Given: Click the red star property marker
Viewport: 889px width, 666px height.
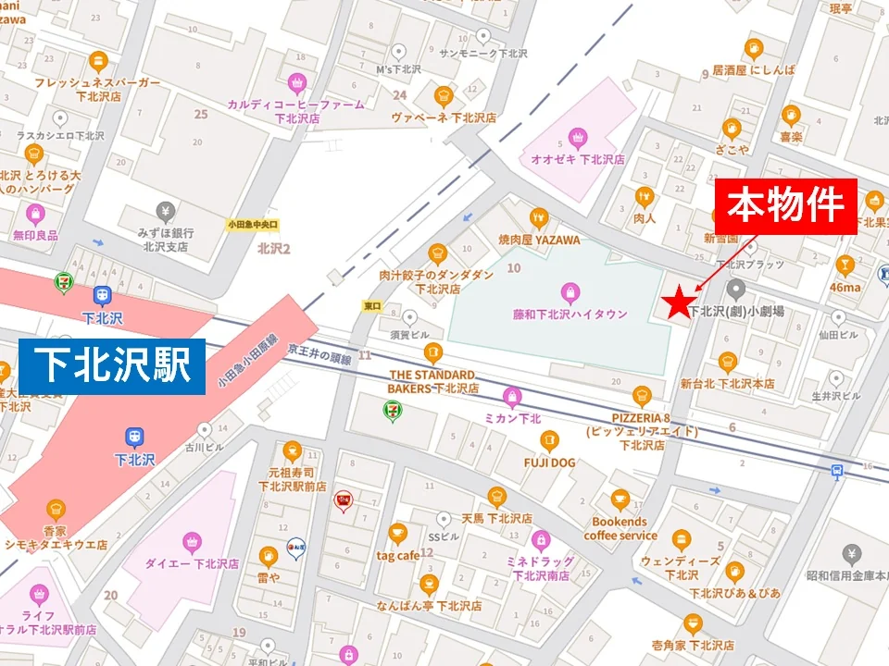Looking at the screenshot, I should tap(680, 302).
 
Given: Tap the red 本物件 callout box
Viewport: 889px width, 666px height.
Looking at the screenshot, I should tap(785, 206).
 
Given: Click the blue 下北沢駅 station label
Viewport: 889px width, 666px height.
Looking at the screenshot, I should tap(110, 365).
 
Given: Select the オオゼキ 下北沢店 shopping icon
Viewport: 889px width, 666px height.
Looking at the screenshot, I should tap(578, 139).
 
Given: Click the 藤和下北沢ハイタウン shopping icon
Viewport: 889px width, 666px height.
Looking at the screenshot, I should tap(570, 293).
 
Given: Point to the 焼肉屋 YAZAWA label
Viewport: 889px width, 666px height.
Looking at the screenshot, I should tap(539, 240).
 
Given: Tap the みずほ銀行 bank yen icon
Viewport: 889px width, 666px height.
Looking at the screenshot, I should tap(166, 212).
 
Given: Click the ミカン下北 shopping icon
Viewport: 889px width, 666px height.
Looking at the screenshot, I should tap(512, 398).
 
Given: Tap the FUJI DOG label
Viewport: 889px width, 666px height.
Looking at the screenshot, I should tap(549, 462).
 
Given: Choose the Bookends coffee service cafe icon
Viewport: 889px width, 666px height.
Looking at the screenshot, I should tap(620, 500).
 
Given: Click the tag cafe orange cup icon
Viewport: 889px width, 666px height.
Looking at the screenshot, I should tap(397, 534).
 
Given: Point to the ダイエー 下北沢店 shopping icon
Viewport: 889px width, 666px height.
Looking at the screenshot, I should tap(193, 541).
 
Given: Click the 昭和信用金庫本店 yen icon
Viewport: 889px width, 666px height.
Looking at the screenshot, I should tap(852, 554).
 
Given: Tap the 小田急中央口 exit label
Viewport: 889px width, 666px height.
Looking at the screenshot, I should tap(253, 224).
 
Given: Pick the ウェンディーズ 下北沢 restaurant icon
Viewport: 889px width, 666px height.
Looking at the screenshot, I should tap(681, 540).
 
